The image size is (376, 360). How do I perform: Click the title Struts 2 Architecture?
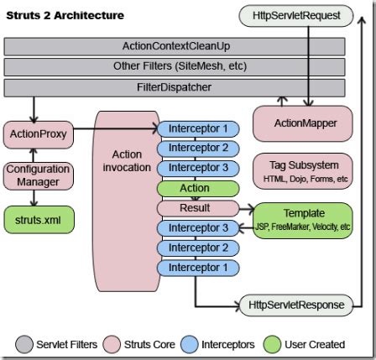(65, 15)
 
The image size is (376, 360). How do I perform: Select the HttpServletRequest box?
(295, 15)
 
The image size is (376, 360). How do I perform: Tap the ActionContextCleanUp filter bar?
(175, 46)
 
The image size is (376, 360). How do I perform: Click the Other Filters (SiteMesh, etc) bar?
(175, 66)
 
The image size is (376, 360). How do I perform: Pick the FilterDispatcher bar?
(175, 87)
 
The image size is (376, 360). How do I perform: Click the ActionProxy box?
(38, 133)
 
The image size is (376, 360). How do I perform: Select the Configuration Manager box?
(38, 175)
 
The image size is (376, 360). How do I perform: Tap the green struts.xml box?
(38, 220)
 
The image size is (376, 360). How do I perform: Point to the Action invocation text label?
(127, 161)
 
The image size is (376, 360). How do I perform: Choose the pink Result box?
(195, 208)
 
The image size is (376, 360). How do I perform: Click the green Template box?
(303, 220)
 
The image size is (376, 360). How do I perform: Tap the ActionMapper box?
(305, 123)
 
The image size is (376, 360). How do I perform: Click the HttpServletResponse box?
(295, 305)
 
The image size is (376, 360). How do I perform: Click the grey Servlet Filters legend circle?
(23, 344)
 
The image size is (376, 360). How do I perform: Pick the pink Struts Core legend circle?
(112, 344)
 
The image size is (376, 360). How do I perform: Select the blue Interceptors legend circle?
(190, 344)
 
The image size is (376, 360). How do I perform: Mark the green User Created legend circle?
(271, 344)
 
